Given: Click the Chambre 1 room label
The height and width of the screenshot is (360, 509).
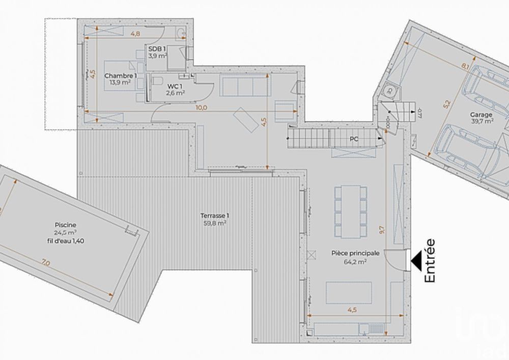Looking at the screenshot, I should pyautogui.click(x=121, y=76).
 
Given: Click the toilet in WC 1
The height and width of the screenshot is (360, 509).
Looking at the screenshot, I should pyautogui.click(x=156, y=81).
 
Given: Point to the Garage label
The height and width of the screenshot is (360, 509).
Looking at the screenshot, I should pyautogui.click(x=480, y=115).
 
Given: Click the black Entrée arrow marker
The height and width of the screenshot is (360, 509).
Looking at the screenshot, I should pyautogui.click(x=417, y=260).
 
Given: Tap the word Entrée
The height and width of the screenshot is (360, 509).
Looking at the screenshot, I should pyautogui.click(x=430, y=260).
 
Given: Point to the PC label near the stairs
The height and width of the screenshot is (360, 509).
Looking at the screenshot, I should pyautogui.click(x=354, y=139).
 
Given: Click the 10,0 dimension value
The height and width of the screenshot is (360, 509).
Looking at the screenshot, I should pyautogui.click(x=202, y=107).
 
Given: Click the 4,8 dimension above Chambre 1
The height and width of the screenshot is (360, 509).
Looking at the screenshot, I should pyautogui.click(x=135, y=34).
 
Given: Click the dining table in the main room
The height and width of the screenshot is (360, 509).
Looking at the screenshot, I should pyautogui.click(x=350, y=211).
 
